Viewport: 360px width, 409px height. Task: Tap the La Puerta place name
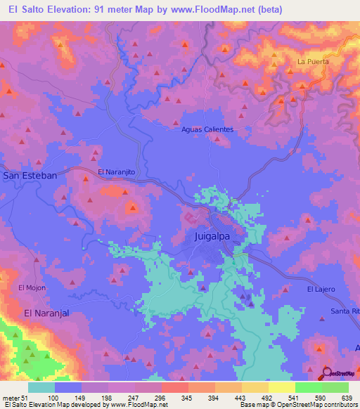click(313, 62)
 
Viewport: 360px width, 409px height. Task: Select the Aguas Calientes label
click(207, 130)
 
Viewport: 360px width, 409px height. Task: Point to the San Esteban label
click(30, 175)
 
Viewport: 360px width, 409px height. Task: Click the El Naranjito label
click(115, 171)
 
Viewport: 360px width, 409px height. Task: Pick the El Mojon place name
click(32, 287)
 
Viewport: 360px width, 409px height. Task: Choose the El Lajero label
click(321, 290)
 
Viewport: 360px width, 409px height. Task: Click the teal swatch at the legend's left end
click(41, 387)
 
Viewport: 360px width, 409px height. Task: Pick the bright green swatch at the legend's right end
click(335, 387)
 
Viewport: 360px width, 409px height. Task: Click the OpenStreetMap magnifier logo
click(328, 375)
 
